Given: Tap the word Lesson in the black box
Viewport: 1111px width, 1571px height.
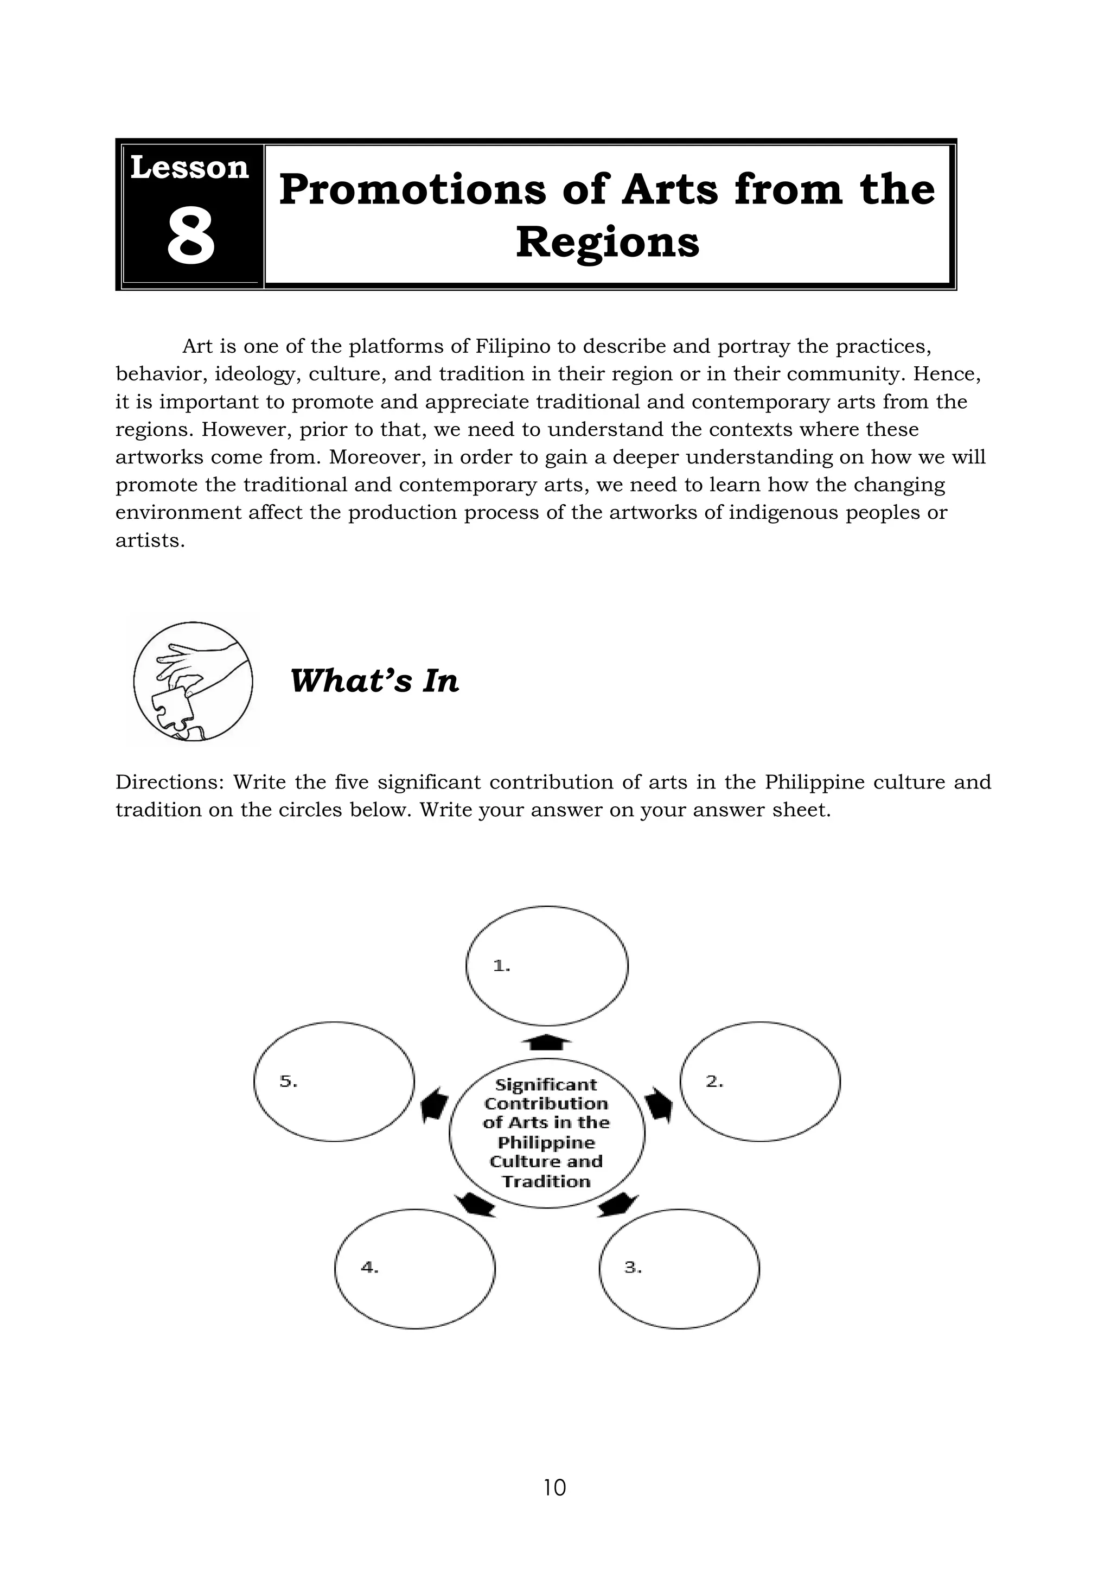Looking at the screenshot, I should pyautogui.click(x=189, y=168).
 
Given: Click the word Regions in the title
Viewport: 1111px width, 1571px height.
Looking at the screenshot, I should pyautogui.click(x=608, y=243).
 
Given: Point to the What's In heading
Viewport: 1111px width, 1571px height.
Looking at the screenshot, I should pyautogui.click(x=374, y=681).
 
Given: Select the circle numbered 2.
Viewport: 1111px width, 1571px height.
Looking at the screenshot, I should pyautogui.click(x=760, y=1081).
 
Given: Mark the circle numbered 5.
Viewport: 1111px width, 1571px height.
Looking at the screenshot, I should pyautogui.click(x=334, y=1081).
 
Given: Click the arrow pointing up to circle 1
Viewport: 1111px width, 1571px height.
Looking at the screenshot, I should pyautogui.click(x=547, y=1042).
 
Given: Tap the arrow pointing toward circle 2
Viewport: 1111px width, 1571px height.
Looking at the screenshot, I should pyautogui.click(x=658, y=1104).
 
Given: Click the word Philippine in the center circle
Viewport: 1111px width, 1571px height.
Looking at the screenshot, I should pyautogui.click(x=547, y=1142).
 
